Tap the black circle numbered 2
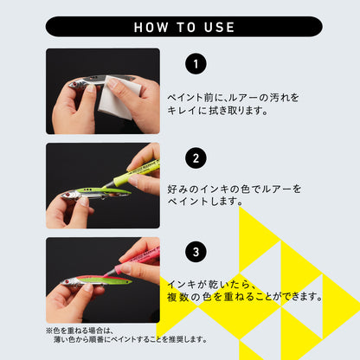pyautogui.click(x=197, y=158)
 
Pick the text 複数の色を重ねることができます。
pyautogui.click(x=244, y=297)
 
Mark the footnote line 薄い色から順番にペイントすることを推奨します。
pyautogui.click(x=131, y=339)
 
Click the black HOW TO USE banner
pyautogui.click(x=179, y=27)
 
